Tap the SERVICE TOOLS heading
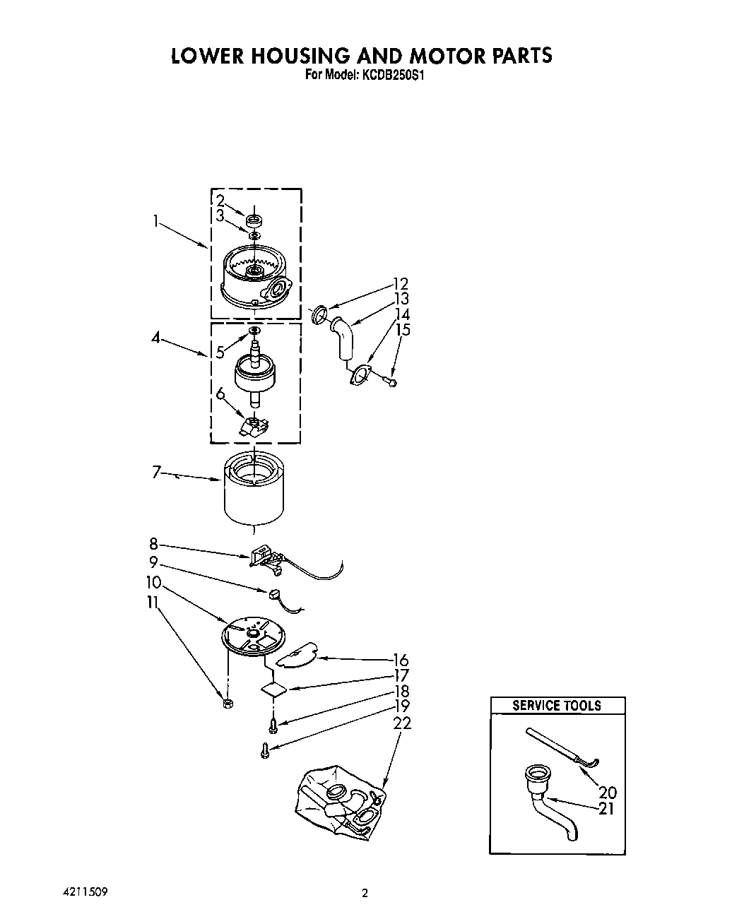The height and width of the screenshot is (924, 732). pyautogui.click(x=557, y=705)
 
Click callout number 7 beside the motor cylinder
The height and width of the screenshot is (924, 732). pyautogui.click(x=157, y=472)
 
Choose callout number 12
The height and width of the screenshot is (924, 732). pyautogui.click(x=401, y=284)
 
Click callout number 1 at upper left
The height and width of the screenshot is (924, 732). pyautogui.click(x=155, y=221)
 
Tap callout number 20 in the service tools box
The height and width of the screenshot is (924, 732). pyautogui.click(x=607, y=793)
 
